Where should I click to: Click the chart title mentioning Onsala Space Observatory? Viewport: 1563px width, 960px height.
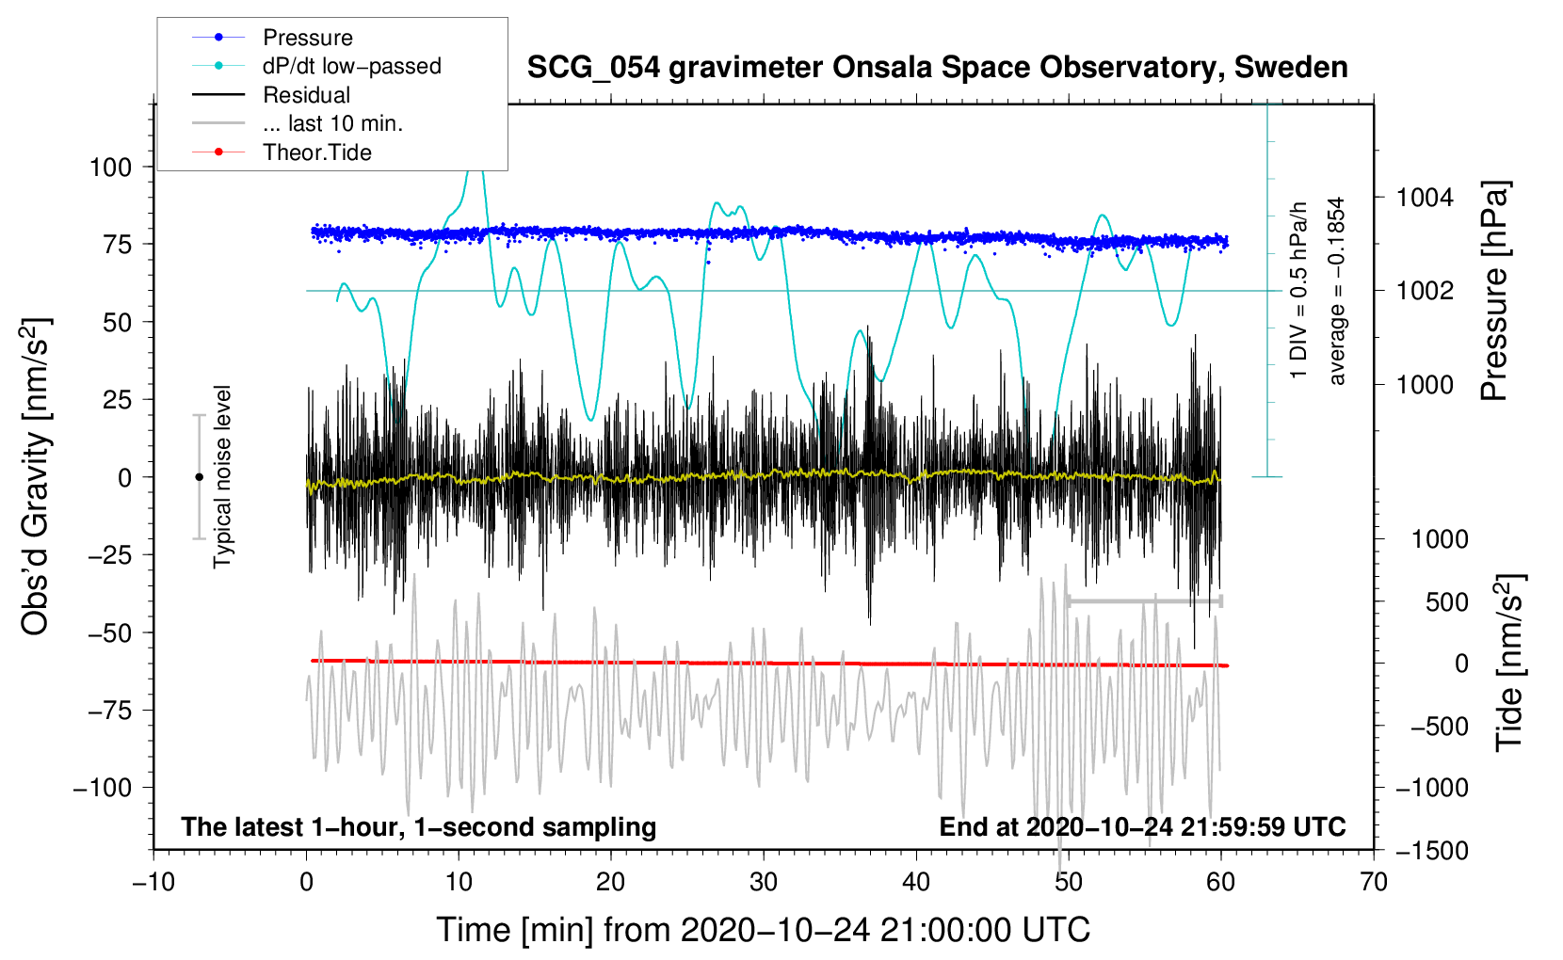click(937, 68)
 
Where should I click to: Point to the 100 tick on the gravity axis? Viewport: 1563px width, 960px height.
click(110, 168)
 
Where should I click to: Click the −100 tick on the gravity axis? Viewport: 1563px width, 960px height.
click(103, 788)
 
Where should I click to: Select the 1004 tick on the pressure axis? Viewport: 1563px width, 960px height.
click(1425, 198)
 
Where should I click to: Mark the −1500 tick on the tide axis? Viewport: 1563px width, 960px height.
click(1431, 851)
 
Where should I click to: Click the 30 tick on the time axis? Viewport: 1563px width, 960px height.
click(764, 883)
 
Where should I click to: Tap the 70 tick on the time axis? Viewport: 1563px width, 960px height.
click(1374, 883)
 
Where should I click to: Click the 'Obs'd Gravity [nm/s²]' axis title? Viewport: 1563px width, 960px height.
click(36, 477)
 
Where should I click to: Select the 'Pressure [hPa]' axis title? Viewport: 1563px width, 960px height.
click(1494, 291)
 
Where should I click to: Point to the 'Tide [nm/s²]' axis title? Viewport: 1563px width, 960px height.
click(1509, 663)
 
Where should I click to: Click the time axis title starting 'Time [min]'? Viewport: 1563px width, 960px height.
click(763, 930)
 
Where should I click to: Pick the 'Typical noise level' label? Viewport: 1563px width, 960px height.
click(222, 476)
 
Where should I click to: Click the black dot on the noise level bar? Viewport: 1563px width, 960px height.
click(199, 477)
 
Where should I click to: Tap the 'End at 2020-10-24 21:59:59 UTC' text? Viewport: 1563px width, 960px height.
click(1142, 827)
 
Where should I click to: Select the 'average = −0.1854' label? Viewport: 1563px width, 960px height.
click(1337, 291)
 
